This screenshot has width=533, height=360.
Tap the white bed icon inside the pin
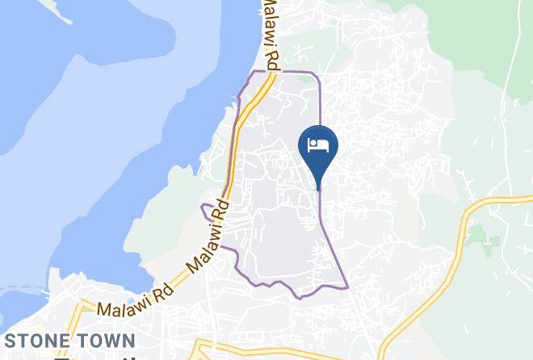tap(318, 145)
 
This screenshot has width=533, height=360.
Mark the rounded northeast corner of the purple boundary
tap(317, 75)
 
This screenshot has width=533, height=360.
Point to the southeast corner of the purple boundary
tap(347, 287)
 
